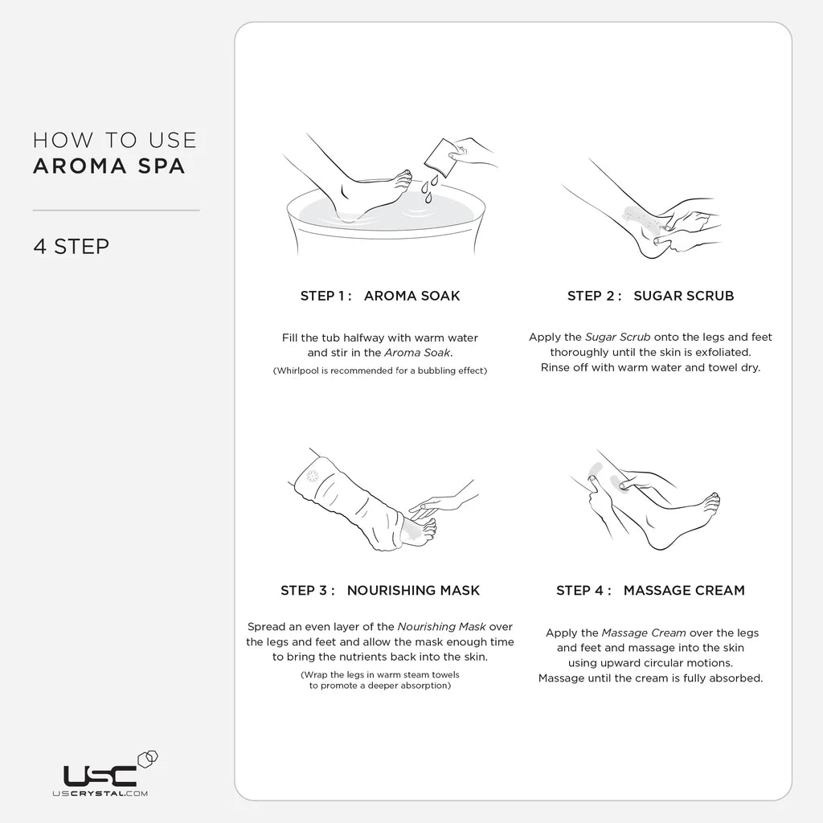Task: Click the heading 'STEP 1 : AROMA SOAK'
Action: [x=380, y=296]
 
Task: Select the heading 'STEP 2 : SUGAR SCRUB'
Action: [x=650, y=296]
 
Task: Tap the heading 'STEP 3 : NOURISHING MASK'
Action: [x=380, y=591]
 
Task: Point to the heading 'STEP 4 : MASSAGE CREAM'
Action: [x=650, y=591]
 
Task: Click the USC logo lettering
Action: [x=100, y=776]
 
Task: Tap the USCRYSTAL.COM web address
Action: [x=100, y=793]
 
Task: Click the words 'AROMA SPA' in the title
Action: [x=109, y=166]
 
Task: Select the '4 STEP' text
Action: [x=72, y=247]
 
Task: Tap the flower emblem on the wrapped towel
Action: [x=313, y=476]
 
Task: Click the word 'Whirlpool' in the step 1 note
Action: [x=297, y=371]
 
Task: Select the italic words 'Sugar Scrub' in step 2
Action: [x=618, y=338]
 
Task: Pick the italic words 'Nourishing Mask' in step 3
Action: [x=441, y=627]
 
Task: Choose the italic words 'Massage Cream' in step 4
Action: [x=644, y=633]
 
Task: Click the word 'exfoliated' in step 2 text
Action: [x=723, y=352]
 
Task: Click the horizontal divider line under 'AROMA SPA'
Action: [x=116, y=211]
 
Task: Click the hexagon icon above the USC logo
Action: [x=148, y=760]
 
